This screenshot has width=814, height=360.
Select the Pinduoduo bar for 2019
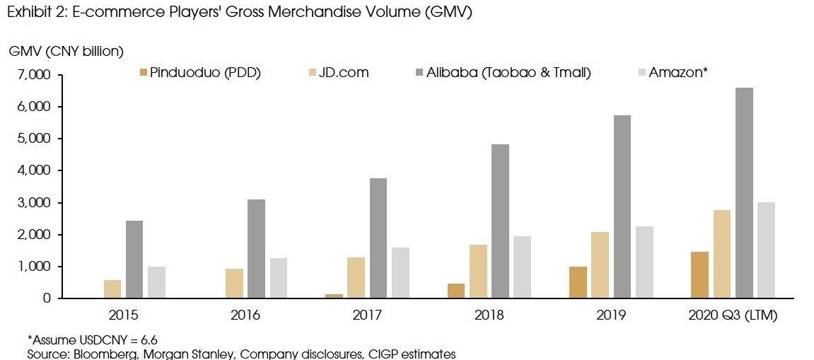point(578,282)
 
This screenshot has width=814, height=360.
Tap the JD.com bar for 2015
point(112,289)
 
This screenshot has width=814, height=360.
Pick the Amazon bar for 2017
point(400,273)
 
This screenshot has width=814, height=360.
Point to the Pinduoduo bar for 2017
point(335,296)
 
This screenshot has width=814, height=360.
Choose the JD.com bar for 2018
point(478,272)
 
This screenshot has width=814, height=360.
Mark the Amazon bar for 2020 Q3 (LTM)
point(767,250)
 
